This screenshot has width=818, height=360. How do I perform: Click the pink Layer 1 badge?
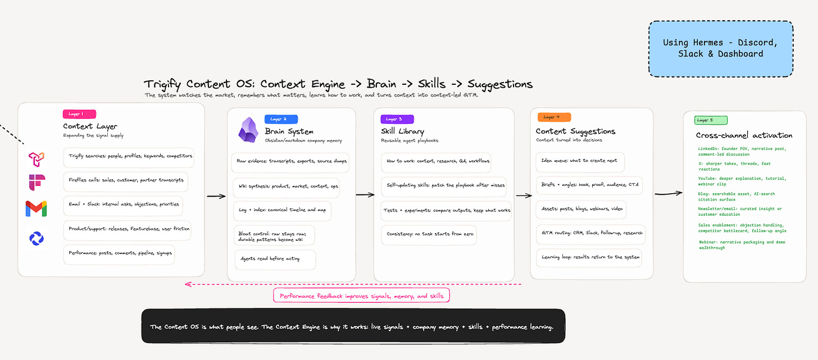pyautogui.click(x=79, y=114)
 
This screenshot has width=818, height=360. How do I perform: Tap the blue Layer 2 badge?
pyautogui.click(x=281, y=119)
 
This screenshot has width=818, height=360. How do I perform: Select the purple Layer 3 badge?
pyautogui.click(x=397, y=119)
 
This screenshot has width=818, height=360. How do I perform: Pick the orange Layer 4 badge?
pyautogui.click(x=554, y=117)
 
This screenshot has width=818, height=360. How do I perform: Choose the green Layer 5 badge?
pyautogui.click(x=711, y=120)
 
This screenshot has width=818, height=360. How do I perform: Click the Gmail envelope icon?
pyautogui.click(x=36, y=208)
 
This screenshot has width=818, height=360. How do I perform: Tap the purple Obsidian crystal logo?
pyautogui.click(x=248, y=130)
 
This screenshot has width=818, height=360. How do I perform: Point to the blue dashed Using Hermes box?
pyautogui.click(x=720, y=48)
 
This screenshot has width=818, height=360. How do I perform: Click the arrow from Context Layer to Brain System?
pyautogui.click(x=216, y=197)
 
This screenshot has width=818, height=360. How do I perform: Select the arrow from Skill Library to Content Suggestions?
pyautogui.click(x=524, y=195)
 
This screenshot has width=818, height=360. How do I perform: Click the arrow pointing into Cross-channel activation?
pyautogui.click(x=669, y=193)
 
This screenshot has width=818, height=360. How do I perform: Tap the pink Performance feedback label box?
pyautogui.click(x=362, y=295)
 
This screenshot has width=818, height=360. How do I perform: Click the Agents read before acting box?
pyautogui.click(x=275, y=259)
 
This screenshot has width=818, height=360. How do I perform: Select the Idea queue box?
pyautogui.click(x=580, y=162)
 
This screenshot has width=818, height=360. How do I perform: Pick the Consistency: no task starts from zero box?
pyautogui.click(x=429, y=235)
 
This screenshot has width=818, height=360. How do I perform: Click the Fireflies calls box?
pyautogui.click(x=126, y=181)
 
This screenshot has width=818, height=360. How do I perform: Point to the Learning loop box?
pyautogui.click(x=589, y=258)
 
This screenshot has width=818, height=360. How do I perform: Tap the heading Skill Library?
pyautogui.click(x=402, y=131)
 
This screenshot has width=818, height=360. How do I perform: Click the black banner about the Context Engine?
pyautogui.click(x=353, y=326)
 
